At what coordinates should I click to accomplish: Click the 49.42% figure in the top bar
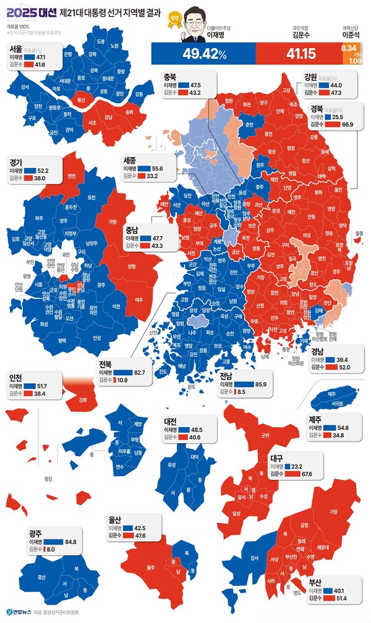pyautogui.click(x=204, y=54)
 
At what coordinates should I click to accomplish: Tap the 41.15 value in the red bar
pyautogui.click(x=299, y=54)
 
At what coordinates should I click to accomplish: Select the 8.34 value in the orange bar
pyautogui.click(x=349, y=48)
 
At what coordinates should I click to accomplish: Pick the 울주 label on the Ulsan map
pyautogui.click(x=150, y=566)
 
